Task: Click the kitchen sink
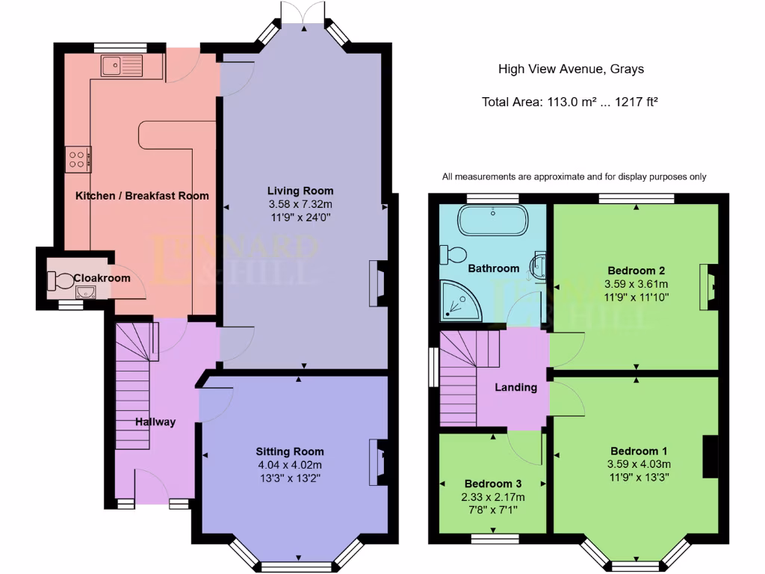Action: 120,67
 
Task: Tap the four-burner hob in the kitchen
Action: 78,158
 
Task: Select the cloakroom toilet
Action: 61,281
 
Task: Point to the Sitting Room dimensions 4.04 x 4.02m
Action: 290,464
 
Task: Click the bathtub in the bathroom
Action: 493,220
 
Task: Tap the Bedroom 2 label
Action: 637,271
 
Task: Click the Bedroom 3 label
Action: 493,484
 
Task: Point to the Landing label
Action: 516,387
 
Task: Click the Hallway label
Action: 155,422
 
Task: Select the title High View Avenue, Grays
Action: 571,70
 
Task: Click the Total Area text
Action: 570,102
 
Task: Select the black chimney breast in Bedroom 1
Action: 710,456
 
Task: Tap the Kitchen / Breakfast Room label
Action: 142,196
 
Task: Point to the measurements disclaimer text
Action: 574,177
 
